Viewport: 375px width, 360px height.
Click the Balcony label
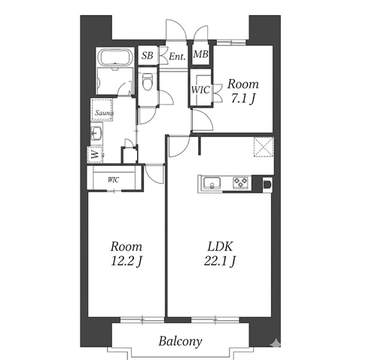180,341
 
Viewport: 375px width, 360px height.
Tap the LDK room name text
220,246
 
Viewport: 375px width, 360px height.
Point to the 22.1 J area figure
220,261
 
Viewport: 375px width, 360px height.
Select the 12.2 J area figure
127,261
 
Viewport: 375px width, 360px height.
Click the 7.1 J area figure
243,99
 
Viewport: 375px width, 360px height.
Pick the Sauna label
104,113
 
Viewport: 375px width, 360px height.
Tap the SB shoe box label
147,56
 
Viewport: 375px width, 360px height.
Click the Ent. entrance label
177,56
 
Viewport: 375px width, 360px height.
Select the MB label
201,54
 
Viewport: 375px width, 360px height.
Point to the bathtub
115,57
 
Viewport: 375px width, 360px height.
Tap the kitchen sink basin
212,183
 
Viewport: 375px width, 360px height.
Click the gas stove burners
240,182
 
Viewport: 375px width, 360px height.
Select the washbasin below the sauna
96,133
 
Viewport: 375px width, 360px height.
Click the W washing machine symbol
95,154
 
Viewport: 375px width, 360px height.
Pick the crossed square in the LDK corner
264,147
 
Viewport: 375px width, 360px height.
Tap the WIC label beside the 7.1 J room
200,90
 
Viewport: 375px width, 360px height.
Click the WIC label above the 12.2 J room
114,180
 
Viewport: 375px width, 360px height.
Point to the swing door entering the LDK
178,146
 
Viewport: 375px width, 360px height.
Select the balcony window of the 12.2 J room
142,320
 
